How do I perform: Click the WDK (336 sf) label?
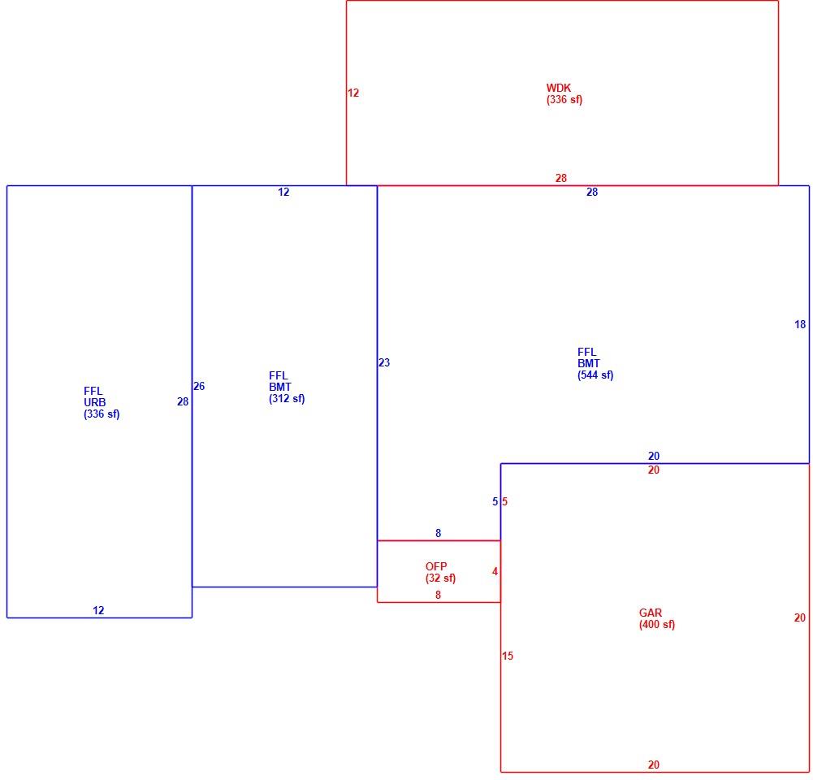coord(564,94)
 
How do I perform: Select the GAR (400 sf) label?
coord(657,618)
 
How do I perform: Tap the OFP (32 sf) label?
coord(440,573)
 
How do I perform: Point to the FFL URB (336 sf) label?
coord(102,402)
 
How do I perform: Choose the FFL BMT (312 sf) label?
coord(287,388)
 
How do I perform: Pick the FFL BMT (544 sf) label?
coord(595,363)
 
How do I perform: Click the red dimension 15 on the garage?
coord(508,656)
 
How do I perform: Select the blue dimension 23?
coord(384,362)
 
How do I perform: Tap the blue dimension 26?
coord(199,386)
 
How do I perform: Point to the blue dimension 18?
coord(800,324)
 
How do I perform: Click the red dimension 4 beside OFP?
coord(495,571)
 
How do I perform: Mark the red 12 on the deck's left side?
coord(353,93)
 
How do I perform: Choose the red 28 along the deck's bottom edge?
coord(561,178)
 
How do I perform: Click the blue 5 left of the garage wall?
coord(495,501)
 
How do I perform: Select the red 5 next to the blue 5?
coord(504,501)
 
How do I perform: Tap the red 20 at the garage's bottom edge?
coord(653,765)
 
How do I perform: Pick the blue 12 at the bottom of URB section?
coord(98,610)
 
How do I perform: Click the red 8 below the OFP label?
coord(438,595)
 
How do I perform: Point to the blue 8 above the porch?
coord(438,533)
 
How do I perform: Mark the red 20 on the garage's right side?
coord(800,617)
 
